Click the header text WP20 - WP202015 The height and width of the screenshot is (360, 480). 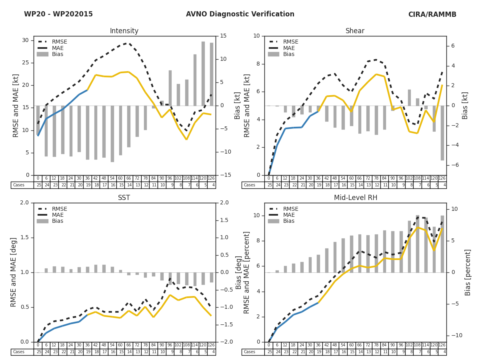point(58,14)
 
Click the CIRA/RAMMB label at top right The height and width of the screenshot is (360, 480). point(432,14)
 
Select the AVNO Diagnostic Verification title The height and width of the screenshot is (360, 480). point(240,14)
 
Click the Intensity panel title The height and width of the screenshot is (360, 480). point(124,31)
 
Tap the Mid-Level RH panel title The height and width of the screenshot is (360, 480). point(356,198)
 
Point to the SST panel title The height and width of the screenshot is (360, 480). point(124,198)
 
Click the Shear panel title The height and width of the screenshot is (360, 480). point(355,31)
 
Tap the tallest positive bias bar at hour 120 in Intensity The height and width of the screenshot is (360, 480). point(203,74)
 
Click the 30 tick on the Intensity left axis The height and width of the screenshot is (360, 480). point(25,40)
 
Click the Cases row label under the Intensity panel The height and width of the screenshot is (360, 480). point(19,185)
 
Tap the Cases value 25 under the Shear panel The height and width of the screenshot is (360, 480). point(269,185)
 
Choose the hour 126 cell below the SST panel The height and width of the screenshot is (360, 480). point(211,345)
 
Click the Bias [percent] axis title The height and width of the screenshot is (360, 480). point(468,272)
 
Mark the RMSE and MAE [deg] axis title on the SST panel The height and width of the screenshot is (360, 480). point(14,272)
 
